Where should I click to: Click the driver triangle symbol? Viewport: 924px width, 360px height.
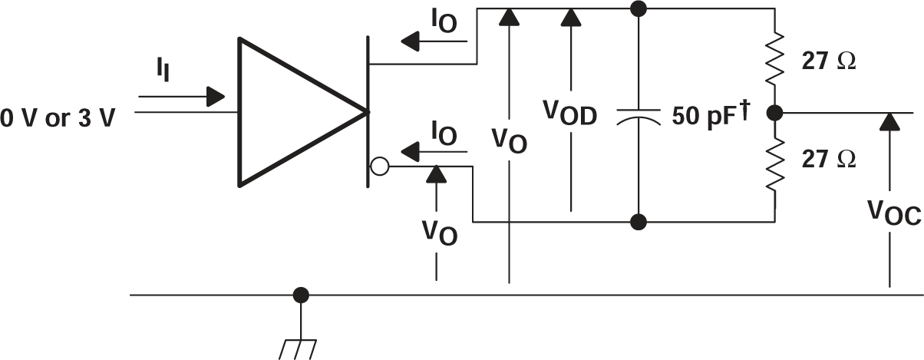(x=292, y=112)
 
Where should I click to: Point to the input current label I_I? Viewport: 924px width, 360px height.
(x=163, y=72)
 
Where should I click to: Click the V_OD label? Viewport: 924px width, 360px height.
(x=570, y=113)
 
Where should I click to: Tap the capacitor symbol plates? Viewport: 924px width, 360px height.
(x=638, y=116)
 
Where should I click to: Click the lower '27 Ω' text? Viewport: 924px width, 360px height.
(x=829, y=159)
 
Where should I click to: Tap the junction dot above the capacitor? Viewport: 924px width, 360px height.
(x=638, y=9)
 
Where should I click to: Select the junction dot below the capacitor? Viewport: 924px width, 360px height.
(x=638, y=223)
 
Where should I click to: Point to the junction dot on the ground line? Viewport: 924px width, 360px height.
(x=301, y=294)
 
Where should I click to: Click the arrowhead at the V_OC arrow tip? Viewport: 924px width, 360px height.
(x=890, y=121)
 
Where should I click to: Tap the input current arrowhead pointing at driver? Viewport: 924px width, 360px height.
(x=216, y=97)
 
